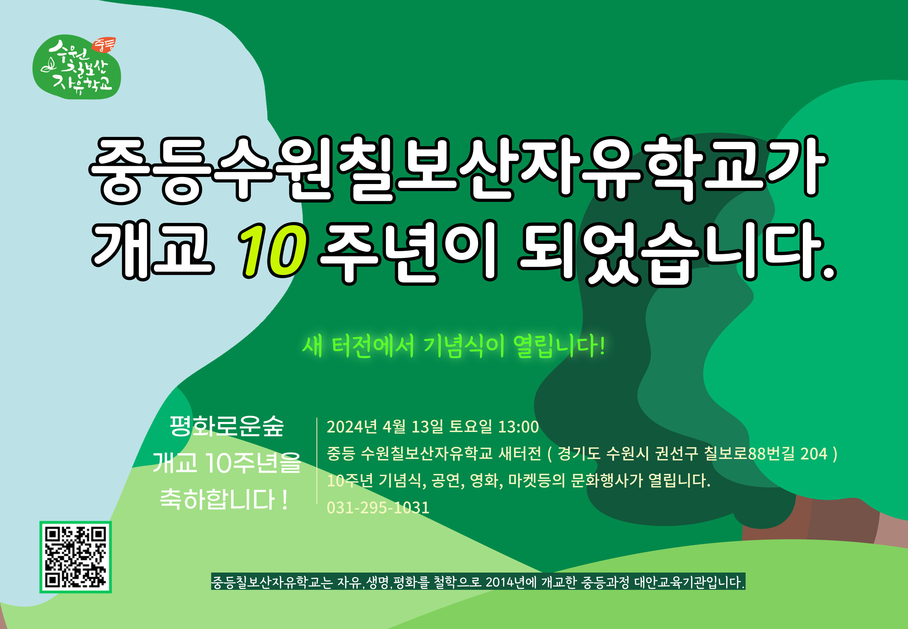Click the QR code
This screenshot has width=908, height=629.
click(75, 557)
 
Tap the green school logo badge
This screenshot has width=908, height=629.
click(76, 67)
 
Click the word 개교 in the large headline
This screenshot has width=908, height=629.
click(153, 251)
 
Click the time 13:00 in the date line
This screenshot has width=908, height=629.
click(519, 427)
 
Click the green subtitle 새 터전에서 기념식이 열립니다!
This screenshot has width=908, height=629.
click(454, 346)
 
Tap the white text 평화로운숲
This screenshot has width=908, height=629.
click(227, 426)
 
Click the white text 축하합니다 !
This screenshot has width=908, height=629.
click(224, 499)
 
